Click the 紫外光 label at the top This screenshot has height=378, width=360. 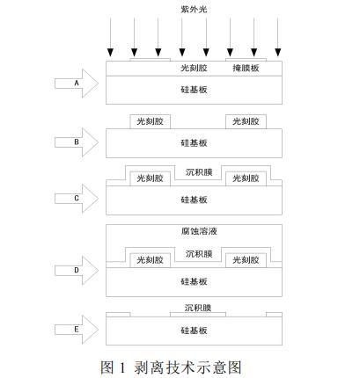pyautogui.click(x=194, y=10)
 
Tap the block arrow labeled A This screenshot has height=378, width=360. pyautogui.click(x=77, y=84)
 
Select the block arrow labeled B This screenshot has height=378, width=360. pyautogui.click(x=77, y=142)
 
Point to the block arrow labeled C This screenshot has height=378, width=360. pyautogui.click(x=77, y=199)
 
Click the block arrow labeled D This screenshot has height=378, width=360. pyautogui.click(x=77, y=270)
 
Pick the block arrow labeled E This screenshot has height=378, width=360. pyautogui.click(x=77, y=330)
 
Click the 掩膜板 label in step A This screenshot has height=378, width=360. pyautogui.click(x=246, y=68)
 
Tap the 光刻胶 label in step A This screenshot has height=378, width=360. pyautogui.click(x=194, y=68)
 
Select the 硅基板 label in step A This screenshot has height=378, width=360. pyautogui.click(x=194, y=90)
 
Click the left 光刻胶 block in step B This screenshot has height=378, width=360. pyautogui.click(x=151, y=121)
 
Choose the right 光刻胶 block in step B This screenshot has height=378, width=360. pyautogui.click(x=246, y=121)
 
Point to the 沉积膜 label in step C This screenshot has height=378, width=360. pyautogui.click(x=199, y=172)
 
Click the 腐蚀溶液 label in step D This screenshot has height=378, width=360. pyautogui.click(x=199, y=231)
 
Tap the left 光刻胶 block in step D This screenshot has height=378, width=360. pyautogui.click(x=151, y=260)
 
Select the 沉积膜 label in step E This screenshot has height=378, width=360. pyautogui.click(x=198, y=308)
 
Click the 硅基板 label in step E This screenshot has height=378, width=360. pyautogui.click(x=194, y=331)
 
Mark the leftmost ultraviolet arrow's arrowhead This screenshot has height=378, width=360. pyautogui.click(x=110, y=53)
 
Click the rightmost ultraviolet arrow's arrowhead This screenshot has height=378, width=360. pyautogui.click(x=278, y=53)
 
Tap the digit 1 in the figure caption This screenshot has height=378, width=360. pyautogui.click(x=122, y=367)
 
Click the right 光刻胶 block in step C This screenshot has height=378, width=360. pyautogui.click(x=246, y=178)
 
